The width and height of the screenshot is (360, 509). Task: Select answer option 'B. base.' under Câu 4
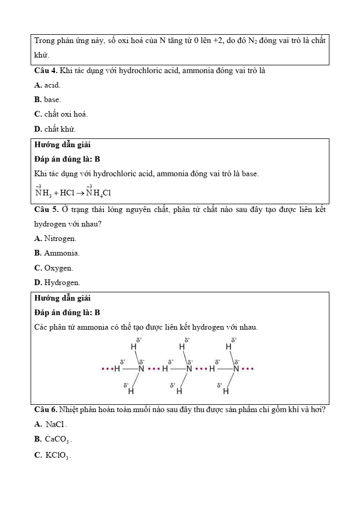48,99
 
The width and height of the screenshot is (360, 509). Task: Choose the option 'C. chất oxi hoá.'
61,114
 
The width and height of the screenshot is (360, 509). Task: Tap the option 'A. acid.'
47,84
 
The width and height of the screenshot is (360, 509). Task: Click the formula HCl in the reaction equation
67,193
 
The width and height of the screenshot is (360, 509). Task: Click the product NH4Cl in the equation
99,193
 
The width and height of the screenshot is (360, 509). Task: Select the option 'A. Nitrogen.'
55,238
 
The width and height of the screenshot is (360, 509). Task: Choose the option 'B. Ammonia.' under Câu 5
57,253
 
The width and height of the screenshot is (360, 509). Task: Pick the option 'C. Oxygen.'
53,268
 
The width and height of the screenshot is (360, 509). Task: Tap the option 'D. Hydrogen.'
57,282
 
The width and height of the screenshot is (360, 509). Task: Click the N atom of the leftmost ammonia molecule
141,369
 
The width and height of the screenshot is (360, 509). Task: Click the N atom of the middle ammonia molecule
189,369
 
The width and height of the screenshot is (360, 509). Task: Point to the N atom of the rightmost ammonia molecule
236,369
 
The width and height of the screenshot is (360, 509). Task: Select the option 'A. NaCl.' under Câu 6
51,425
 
